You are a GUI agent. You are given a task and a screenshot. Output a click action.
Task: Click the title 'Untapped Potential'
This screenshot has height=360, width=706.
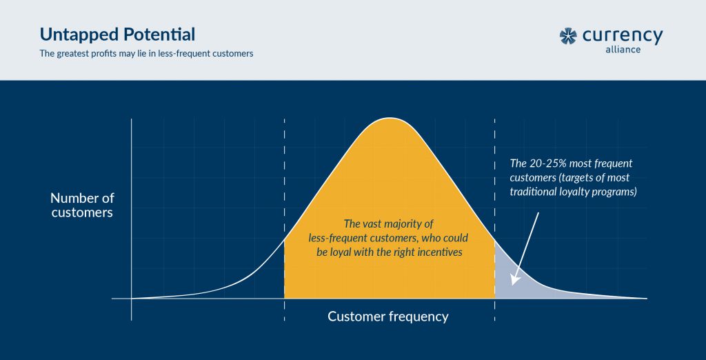(x=117, y=34)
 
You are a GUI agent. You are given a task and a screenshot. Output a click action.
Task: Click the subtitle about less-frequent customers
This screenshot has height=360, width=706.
(x=146, y=54)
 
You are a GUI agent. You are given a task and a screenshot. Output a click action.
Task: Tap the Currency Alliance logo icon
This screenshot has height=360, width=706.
(x=569, y=37)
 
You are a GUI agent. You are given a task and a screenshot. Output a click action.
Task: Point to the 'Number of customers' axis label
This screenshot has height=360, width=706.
(x=82, y=205)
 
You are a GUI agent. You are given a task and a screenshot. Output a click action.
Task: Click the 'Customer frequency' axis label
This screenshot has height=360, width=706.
(x=387, y=317)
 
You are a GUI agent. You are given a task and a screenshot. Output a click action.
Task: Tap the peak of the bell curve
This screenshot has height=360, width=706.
(x=389, y=120)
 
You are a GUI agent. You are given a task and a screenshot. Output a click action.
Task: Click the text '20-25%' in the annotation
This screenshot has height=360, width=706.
(x=547, y=164)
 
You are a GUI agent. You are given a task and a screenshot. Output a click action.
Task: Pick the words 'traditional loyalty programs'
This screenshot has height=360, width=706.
(x=572, y=192)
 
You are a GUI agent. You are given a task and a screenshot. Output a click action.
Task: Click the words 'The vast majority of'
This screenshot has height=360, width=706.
(x=388, y=223)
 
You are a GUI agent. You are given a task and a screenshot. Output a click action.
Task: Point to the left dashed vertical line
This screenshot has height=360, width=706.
(x=284, y=172)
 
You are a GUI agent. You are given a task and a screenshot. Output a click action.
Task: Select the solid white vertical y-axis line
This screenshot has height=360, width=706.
(x=131, y=207)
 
